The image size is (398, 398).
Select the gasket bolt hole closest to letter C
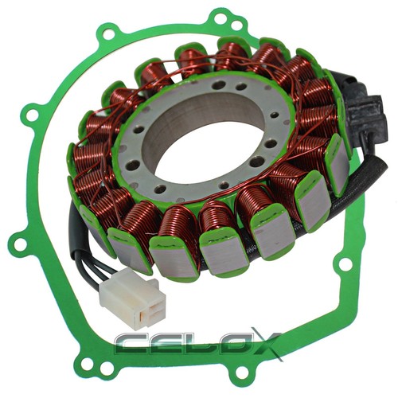pyautogui.click(x=106, y=368)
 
